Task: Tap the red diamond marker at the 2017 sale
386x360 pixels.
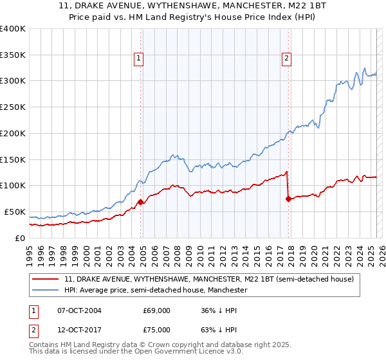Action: (288, 199)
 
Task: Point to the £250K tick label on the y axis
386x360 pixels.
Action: (13, 107)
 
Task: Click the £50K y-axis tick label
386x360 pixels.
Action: (15, 212)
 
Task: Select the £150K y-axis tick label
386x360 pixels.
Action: (13, 159)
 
